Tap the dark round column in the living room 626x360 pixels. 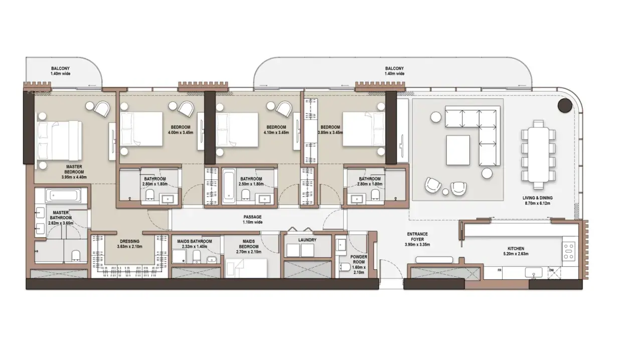pos(565,106)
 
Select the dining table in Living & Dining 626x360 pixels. pos(538,154)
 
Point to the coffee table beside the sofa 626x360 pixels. pos(458,150)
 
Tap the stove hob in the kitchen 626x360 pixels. pos(569,251)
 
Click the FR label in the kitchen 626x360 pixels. pos(500,270)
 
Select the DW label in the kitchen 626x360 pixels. pos(551,270)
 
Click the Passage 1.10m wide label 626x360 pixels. pos(252,220)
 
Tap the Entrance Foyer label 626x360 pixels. pos(417,239)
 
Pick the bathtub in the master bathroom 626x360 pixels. pos(62,195)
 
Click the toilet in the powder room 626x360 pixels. pos(345,267)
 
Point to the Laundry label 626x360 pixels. pos(307,240)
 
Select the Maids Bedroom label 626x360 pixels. pos(249,244)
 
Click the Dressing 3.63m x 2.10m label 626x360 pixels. pos(130,244)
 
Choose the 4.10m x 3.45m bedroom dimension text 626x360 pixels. pos(276,133)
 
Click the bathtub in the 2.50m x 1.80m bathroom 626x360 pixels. pos(229,185)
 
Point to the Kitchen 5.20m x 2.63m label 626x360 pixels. pos(516,251)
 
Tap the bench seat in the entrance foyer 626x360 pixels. pos(434,260)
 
